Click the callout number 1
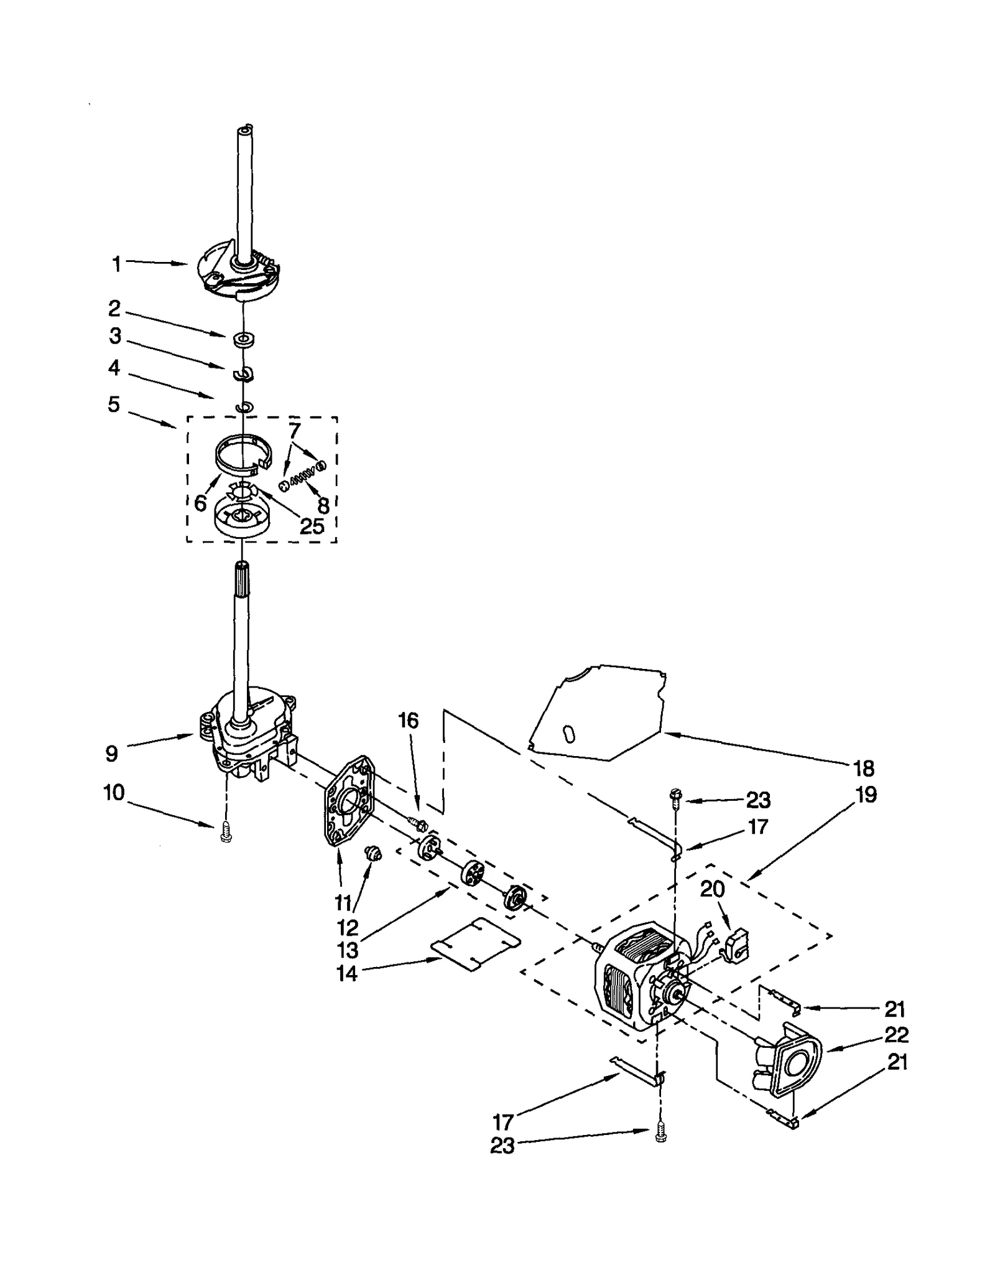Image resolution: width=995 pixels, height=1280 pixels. (x=116, y=264)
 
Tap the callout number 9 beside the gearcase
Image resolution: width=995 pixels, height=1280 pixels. (x=111, y=754)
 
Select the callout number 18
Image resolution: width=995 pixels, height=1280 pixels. (x=864, y=768)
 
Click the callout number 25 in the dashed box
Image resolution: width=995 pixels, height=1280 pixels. (x=312, y=526)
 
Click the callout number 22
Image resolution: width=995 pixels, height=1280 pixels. (x=895, y=1035)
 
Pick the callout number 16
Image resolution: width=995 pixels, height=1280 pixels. (x=408, y=721)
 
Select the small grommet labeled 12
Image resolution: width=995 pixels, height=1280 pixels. (x=374, y=853)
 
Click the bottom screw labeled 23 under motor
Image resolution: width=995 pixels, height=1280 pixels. (x=660, y=1136)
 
